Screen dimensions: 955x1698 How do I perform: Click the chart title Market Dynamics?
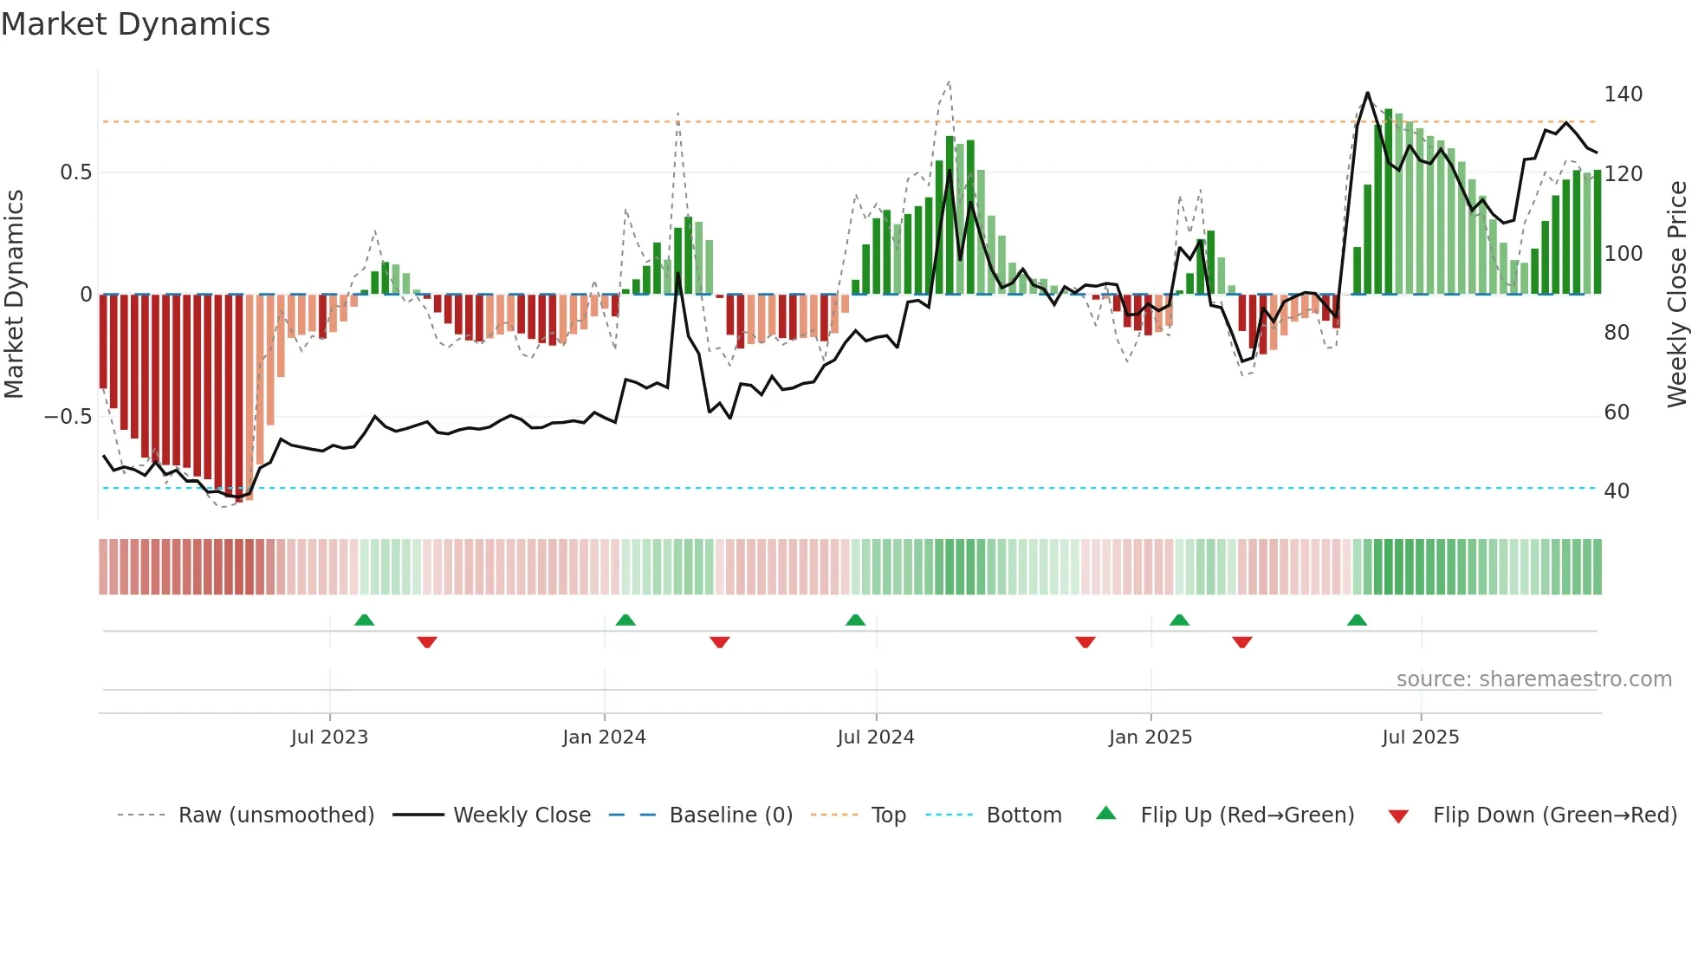[x=135, y=24]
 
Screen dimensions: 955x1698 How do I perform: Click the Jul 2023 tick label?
[x=329, y=737]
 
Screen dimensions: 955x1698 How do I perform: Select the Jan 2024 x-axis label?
[x=604, y=737]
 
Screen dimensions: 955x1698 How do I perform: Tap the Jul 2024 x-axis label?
[x=876, y=737]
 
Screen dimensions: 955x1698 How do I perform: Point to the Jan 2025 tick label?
[x=1150, y=737]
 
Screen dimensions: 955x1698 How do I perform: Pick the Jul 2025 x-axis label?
[x=1421, y=737]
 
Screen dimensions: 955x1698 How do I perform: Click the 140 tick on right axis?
[x=1623, y=94]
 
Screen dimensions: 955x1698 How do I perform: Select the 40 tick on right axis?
[x=1617, y=491]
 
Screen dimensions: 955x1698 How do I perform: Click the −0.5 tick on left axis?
[x=68, y=417]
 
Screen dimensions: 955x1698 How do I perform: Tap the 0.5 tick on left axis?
[x=75, y=172]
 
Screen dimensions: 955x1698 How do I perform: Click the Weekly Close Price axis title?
[x=1678, y=294]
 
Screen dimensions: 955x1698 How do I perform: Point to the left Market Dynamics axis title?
[x=14, y=294]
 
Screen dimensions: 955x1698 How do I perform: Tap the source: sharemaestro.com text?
[x=1533, y=679]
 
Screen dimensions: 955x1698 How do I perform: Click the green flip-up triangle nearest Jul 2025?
[x=1357, y=620]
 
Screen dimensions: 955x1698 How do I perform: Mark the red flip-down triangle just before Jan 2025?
[x=1086, y=642]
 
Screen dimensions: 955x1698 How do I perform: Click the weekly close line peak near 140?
[x=1367, y=93]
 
